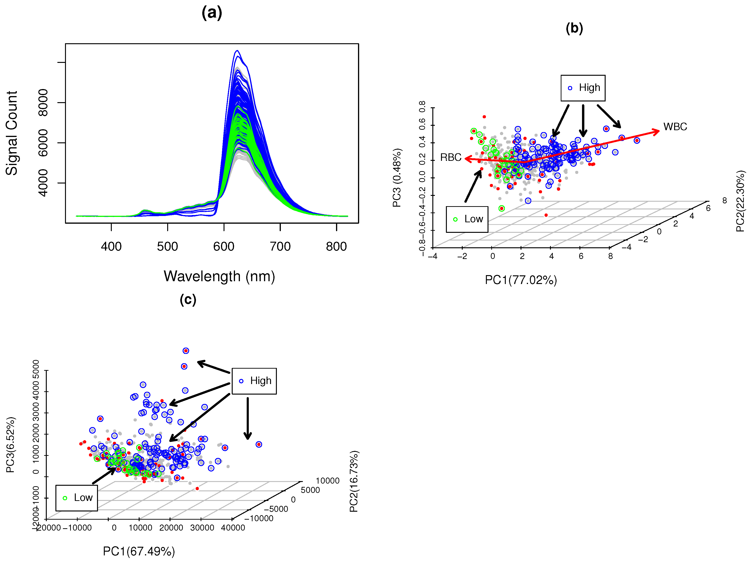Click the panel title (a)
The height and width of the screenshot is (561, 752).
coord(212,13)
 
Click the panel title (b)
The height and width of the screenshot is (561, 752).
coord(574,28)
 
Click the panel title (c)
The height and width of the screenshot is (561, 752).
coord(188,299)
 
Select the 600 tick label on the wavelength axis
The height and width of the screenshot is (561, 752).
coord(224,246)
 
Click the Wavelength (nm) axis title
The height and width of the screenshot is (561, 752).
coord(219,276)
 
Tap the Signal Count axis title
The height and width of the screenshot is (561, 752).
coord(11,133)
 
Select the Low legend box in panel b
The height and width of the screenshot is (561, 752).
coord(467,219)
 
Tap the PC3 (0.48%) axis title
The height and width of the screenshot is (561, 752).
coord(397,178)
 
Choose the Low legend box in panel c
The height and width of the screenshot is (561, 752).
coord(76,498)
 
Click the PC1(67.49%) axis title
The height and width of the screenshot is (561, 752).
coord(139,551)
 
